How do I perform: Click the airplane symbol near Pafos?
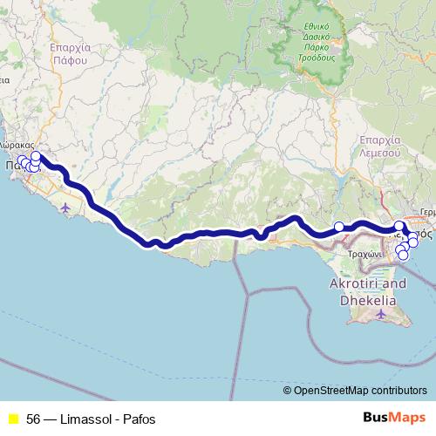coord(67,207)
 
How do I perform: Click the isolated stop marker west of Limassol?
coord(339,227)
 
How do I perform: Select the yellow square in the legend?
coord(12,418)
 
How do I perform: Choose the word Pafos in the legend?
coord(140,418)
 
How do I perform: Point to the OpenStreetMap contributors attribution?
coord(360,392)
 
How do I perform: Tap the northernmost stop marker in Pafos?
coord(36,156)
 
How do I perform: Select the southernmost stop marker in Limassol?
coord(403,255)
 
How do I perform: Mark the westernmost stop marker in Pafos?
coord(21,160)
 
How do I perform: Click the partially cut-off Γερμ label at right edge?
coord(427,211)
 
